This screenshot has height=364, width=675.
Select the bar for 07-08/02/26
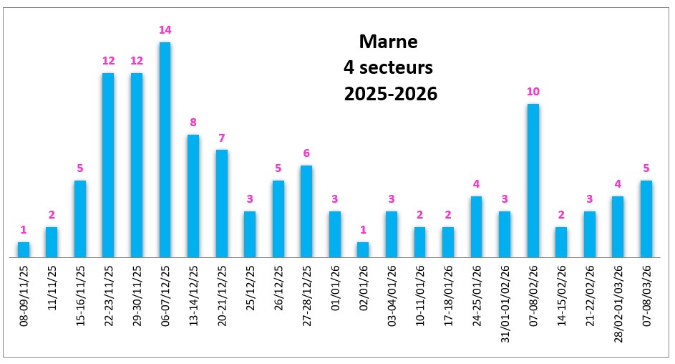pos(533,180)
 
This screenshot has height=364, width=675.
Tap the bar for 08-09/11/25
pos(24,249)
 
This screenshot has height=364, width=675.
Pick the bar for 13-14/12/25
pos(193,196)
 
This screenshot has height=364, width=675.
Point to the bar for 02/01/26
pos(363,249)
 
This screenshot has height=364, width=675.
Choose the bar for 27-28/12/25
pos(306,211)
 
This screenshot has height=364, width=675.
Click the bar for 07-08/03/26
pos(646,219)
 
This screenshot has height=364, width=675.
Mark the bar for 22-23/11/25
pos(108,165)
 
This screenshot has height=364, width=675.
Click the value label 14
pos(165,30)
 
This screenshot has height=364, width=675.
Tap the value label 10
pos(533,92)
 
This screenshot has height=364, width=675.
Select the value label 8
pos(193,123)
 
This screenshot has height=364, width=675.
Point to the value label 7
pos(221,138)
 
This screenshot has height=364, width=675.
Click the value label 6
pos(306,153)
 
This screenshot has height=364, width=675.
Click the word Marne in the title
pos(387,42)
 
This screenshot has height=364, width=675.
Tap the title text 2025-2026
pos(390,94)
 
